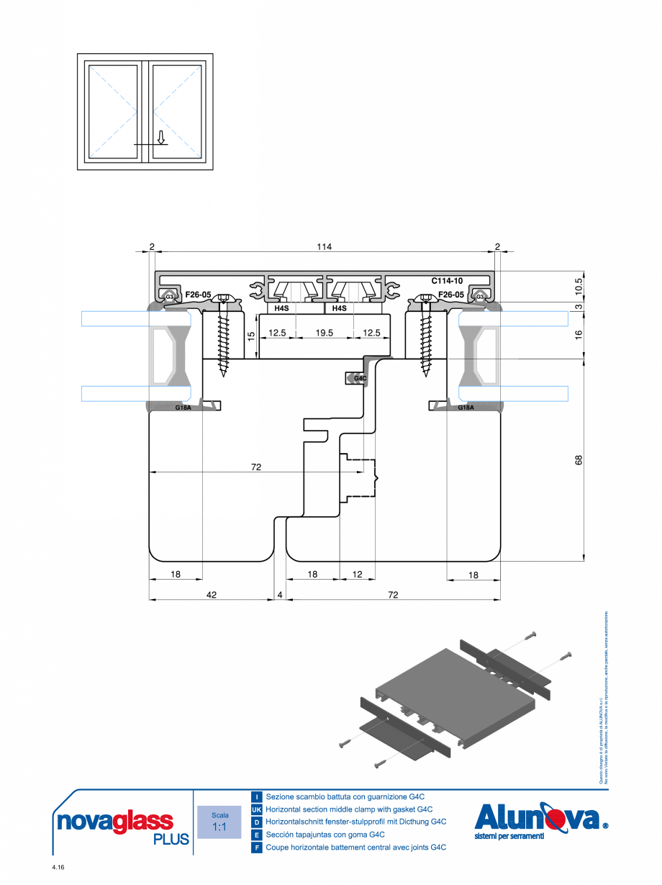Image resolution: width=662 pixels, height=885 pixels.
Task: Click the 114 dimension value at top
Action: (x=324, y=247)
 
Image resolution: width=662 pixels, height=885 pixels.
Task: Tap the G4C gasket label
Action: (x=361, y=378)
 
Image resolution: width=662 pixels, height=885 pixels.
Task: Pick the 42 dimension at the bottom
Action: (x=210, y=595)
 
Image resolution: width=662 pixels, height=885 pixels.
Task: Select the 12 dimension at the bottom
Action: (x=357, y=574)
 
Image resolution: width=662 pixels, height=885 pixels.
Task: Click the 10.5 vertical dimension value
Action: (x=579, y=287)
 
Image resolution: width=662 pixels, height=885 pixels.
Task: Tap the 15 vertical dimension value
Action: (x=251, y=336)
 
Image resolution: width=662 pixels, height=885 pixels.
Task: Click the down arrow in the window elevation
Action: (x=162, y=137)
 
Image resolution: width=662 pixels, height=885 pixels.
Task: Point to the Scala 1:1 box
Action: (x=220, y=822)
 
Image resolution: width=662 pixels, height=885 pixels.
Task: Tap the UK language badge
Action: (x=256, y=809)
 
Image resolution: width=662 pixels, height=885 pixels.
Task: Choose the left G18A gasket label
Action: (x=183, y=408)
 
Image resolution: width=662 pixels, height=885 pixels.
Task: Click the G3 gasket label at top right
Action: (x=479, y=296)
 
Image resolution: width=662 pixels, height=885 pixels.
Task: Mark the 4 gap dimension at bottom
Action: (x=280, y=595)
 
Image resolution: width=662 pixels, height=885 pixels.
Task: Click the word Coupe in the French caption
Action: (x=276, y=848)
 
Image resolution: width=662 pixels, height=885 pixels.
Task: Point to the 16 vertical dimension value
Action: (x=579, y=333)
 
